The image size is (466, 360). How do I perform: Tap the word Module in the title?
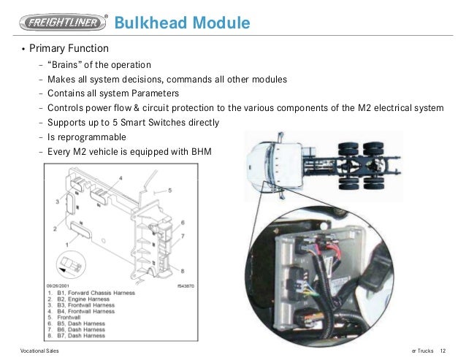(x=222, y=23)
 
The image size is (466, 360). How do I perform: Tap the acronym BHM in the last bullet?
(x=207, y=151)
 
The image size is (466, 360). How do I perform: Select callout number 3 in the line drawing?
(x=56, y=200)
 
